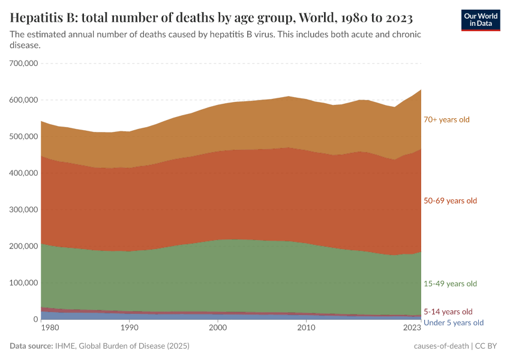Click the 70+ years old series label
click(x=446, y=119)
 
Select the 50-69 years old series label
click(x=450, y=200)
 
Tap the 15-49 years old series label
click(x=450, y=283)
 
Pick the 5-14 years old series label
click(x=448, y=311)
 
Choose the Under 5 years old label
click(x=453, y=323)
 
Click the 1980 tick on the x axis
click(x=50, y=328)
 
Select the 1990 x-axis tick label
click(x=129, y=328)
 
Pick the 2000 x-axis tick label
click(x=218, y=328)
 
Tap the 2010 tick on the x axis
click(x=306, y=328)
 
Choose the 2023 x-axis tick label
click(x=412, y=328)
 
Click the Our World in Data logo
click(x=480, y=20)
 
